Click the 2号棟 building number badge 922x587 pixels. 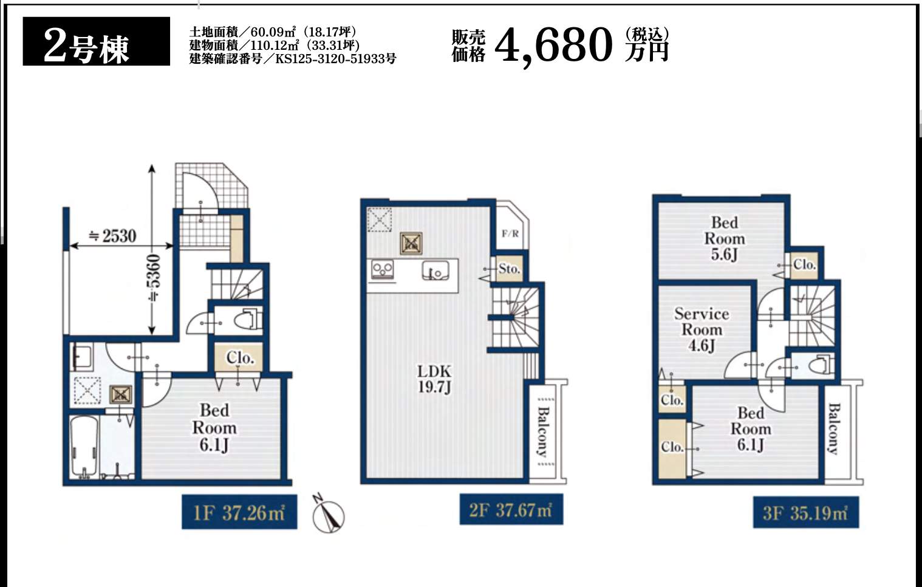click(97, 41)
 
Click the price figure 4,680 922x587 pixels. click(553, 46)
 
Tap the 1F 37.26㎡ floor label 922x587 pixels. click(239, 512)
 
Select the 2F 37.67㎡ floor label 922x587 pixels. click(511, 510)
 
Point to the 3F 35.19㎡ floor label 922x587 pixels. click(806, 512)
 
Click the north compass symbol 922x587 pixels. click(329, 515)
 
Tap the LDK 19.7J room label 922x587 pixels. click(435, 379)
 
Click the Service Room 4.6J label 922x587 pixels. click(702, 329)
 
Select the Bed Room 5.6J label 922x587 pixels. click(725, 239)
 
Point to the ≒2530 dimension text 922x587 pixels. click(113, 236)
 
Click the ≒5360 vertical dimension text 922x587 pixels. click(155, 278)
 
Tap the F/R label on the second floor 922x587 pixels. click(510, 234)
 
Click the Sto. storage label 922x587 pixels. click(509, 269)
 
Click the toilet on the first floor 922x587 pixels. click(250, 319)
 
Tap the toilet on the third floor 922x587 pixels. click(822, 365)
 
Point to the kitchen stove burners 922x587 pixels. click(383, 270)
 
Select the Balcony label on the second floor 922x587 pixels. click(544, 431)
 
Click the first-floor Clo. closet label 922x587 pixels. click(239, 357)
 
